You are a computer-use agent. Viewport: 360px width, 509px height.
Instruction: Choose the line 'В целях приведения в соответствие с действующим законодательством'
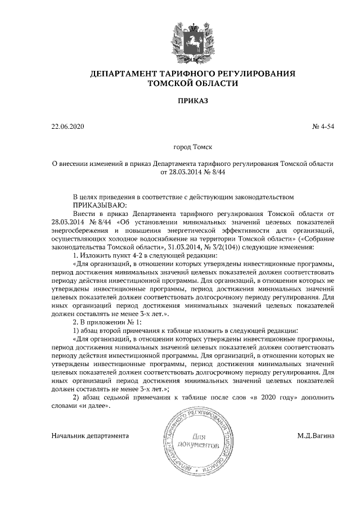coord(184,197)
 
